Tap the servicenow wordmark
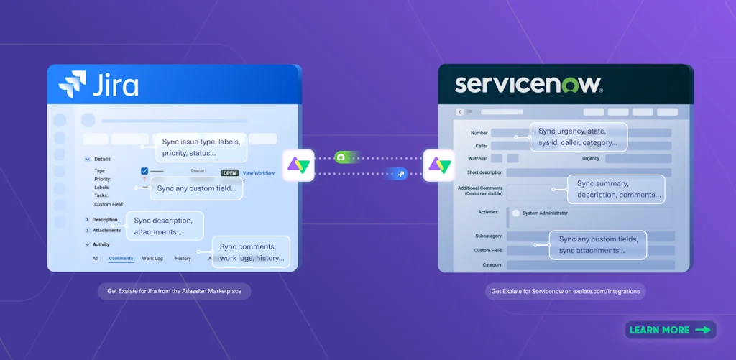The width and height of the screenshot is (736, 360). coord(528,84)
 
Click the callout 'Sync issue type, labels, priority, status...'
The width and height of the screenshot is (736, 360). coord(200,147)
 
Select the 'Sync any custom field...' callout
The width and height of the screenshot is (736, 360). coord(195,188)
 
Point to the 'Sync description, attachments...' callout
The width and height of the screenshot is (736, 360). coord(165,226)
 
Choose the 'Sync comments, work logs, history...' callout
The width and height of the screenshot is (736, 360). coord(252,252)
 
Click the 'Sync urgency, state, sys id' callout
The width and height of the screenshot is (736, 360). coord(578,137)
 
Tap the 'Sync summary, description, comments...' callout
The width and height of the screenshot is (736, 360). coord(616,189)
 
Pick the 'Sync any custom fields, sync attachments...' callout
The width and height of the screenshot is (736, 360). coord(598,244)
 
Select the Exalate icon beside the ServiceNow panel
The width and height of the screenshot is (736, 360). coord(438,165)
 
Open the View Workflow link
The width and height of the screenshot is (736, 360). coord(259,173)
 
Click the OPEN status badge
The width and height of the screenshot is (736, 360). coord(229,173)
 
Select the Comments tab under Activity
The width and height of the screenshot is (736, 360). coord(121,258)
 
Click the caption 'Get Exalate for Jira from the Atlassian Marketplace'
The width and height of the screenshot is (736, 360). coord(175,292)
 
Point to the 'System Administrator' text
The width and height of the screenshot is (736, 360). coord(545,213)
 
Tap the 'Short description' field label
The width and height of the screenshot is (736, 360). coord(484,172)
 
